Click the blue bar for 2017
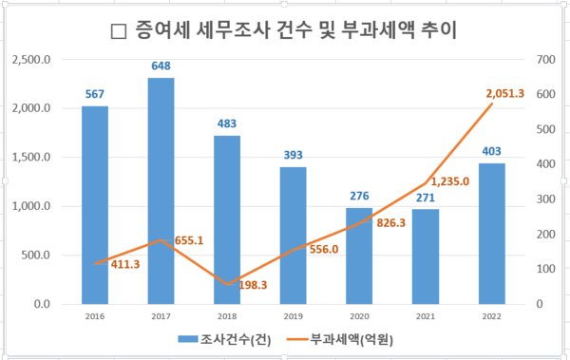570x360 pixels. [161, 190]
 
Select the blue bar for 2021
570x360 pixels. [425, 256]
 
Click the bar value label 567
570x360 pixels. [94, 93]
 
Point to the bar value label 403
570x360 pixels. [491, 150]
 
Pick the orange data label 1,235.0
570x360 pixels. [449, 180]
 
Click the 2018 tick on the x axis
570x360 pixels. [226, 315]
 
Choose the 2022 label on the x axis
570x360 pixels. [491, 315]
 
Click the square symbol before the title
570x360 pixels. [119, 30]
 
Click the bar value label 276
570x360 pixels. [359, 194]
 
